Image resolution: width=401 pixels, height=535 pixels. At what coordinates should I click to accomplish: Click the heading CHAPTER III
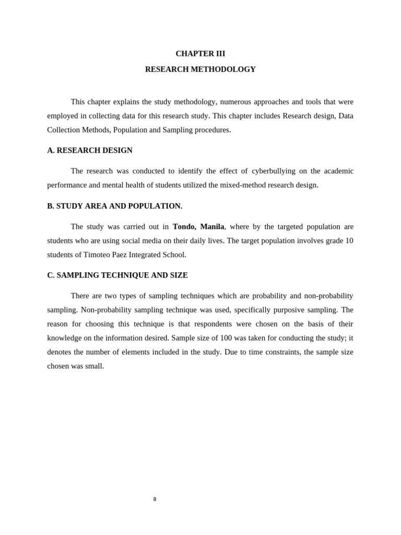pyautogui.click(x=200, y=54)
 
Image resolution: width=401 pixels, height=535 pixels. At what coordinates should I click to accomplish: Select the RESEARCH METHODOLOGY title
pyautogui.click(x=200, y=69)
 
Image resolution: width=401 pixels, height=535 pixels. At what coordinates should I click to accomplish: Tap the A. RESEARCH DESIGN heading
pyautogui.click(x=90, y=150)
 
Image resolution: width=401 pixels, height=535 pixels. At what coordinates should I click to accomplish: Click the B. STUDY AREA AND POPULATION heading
pyautogui.click(x=114, y=206)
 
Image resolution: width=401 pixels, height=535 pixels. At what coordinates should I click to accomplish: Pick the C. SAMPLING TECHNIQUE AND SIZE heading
pyautogui.click(x=117, y=275)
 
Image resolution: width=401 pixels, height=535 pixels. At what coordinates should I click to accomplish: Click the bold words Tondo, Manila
pyautogui.click(x=198, y=227)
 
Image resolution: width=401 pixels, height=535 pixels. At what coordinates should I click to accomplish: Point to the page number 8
pyautogui.click(x=155, y=499)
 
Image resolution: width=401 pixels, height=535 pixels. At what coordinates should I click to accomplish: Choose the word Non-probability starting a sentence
pyautogui.click(x=105, y=310)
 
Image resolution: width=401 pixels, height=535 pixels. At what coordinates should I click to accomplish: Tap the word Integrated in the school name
pyautogui.click(x=149, y=255)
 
